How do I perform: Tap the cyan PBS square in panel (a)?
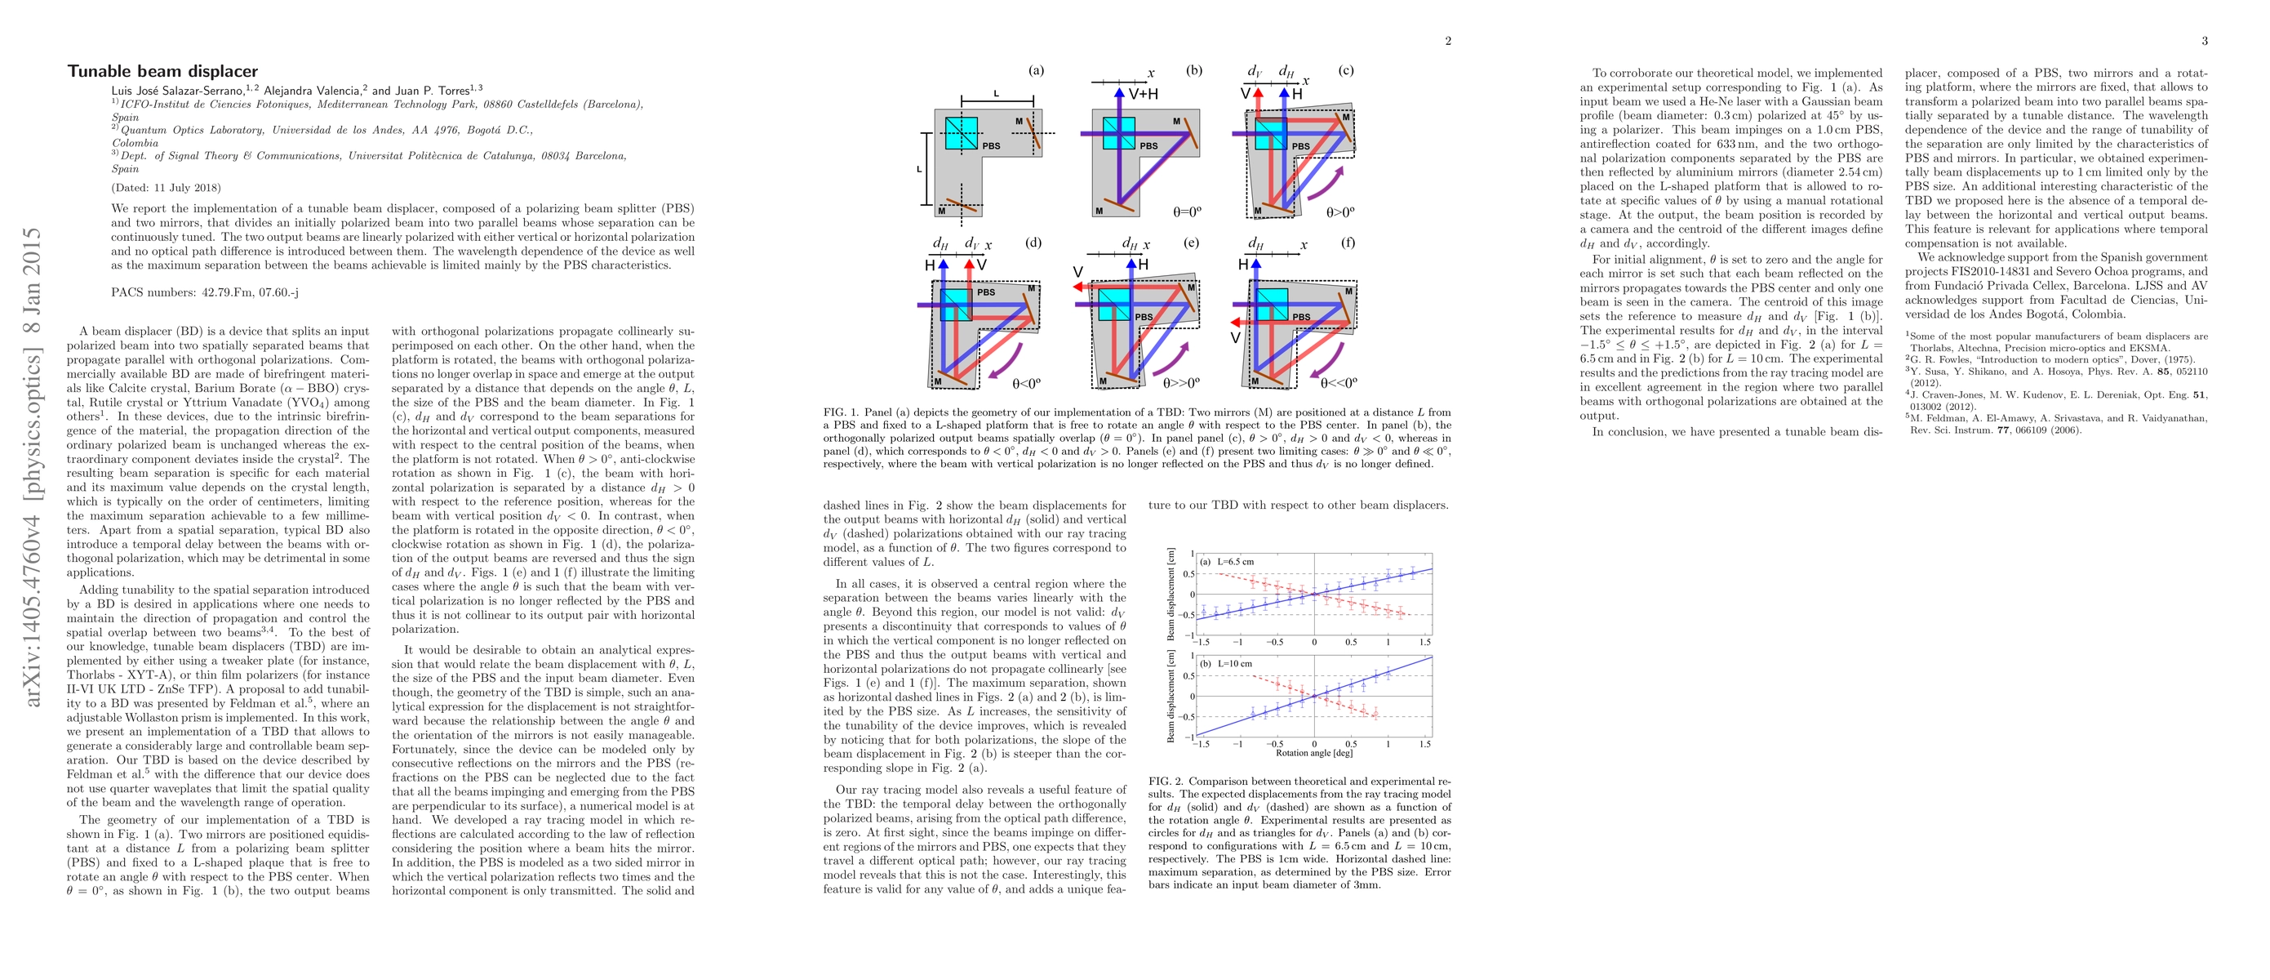[962, 133]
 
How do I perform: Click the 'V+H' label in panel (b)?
[1143, 92]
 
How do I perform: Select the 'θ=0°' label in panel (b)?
[1187, 212]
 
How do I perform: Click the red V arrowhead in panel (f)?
[1237, 323]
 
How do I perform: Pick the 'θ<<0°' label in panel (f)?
[1339, 383]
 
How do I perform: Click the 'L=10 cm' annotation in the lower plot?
[1233, 664]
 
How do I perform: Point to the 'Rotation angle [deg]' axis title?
[1314, 754]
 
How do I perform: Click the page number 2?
[1448, 41]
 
